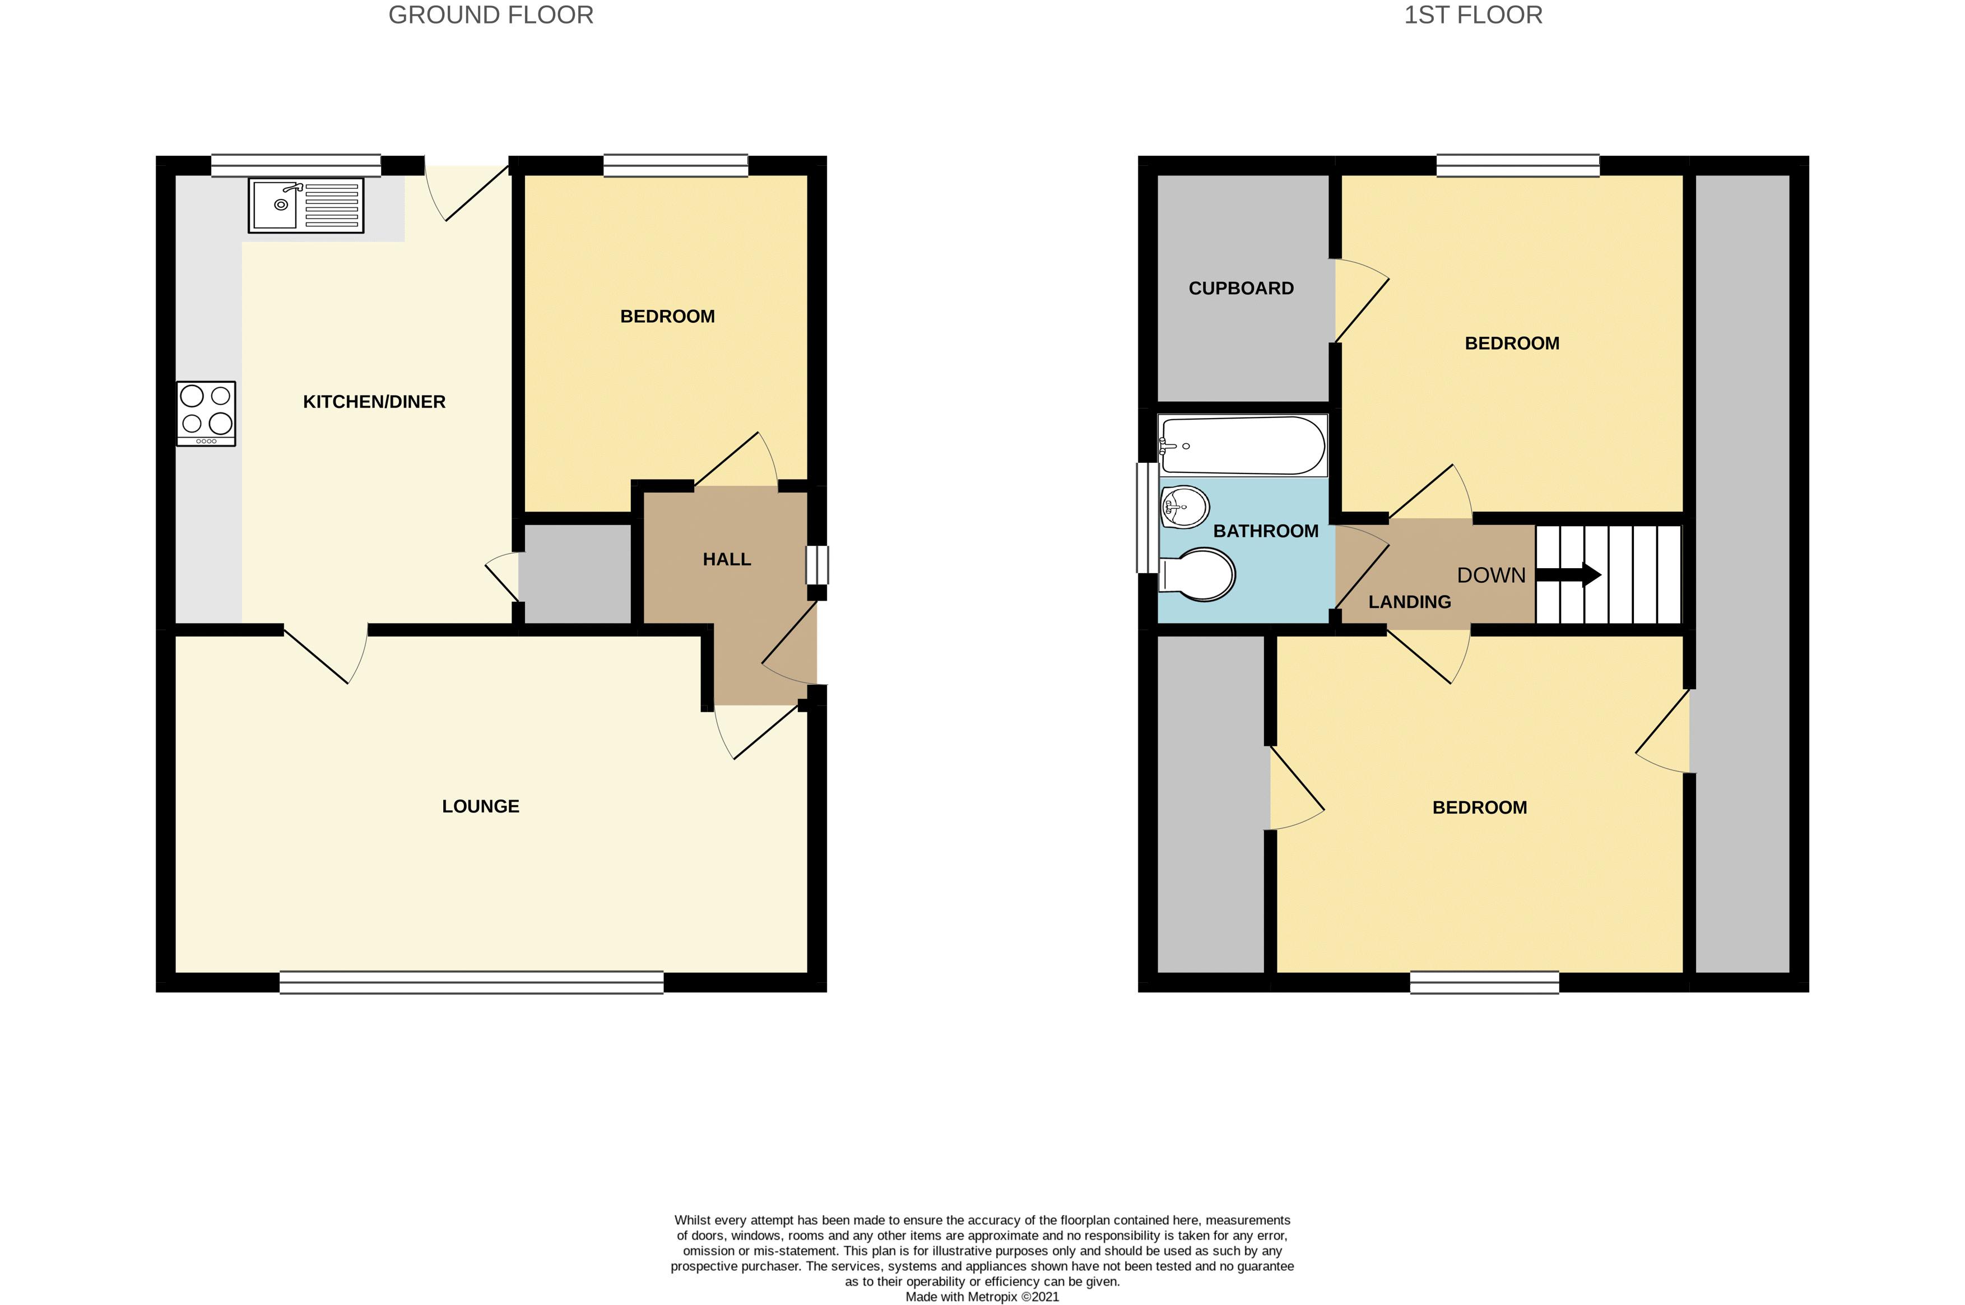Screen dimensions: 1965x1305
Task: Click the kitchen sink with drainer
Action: [305, 205]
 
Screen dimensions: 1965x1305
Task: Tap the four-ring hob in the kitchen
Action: [206, 414]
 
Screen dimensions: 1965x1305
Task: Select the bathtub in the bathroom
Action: [1243, 446]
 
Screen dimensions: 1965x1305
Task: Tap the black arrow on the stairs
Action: [1568, 574]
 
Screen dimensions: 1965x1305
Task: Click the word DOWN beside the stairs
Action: [1492, 575]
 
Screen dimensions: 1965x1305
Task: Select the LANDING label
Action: [1410, 602]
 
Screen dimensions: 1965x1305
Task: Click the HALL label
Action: [727, 559]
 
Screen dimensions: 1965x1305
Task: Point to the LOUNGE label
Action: [481, 806]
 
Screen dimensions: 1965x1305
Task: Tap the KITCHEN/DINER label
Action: [374, 402]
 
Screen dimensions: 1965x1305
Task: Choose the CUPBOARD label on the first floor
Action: [1241, 288]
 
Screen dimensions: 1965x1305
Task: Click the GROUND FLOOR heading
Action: [491, 15]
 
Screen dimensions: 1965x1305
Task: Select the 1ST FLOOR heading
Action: [1473, 15]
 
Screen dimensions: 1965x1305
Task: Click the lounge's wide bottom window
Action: [472, 982]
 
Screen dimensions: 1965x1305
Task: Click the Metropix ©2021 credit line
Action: [982, 1297]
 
